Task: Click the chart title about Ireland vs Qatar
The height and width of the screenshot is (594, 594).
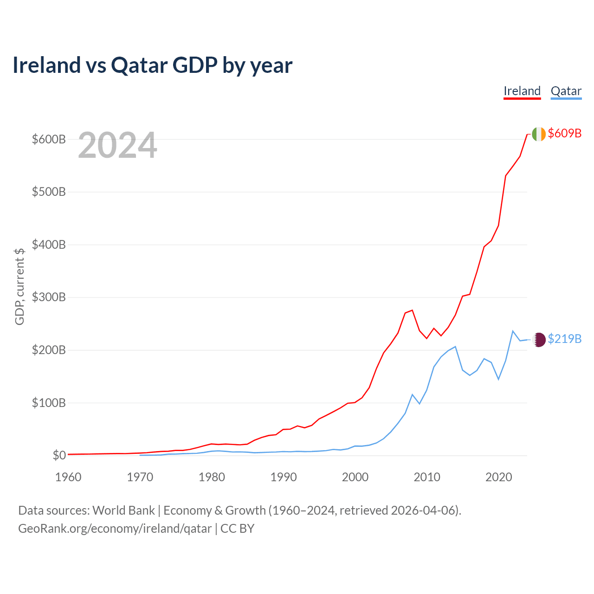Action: click(x=152, y=65)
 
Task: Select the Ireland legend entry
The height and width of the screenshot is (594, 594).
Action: click(x=522, y=91)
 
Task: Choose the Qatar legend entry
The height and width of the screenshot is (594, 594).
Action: click(x=566, y=91)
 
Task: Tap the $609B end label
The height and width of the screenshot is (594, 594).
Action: click(x=564, y=134)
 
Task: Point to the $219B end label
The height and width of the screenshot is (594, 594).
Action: click(x=564, y=339)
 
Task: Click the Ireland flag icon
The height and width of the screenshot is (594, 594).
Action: click(x=539, y=134)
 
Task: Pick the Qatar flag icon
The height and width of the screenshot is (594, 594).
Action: click(x=539, y=340)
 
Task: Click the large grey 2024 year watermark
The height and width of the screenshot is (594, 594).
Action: click(x=117, y=146)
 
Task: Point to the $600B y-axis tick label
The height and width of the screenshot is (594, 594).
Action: click(x=49, y=139)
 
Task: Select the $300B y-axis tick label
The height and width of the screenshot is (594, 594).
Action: click(x=49, y=297)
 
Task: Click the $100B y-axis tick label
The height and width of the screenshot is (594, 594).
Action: click(x=49, y=403)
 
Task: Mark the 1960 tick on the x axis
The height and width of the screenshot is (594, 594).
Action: click(x=68, y=477)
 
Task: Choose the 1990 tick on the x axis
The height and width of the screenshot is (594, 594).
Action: click(x=284, y=477)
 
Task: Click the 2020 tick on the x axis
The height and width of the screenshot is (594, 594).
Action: click(x=498, y=477)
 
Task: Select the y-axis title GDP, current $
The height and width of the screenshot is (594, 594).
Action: click(x=19, y=286)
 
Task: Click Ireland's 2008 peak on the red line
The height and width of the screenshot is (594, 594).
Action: click(x=412, y=310)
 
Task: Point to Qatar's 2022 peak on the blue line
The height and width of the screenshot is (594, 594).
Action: click(x=513, y=331)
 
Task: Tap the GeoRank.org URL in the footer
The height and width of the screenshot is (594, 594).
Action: click(x=115, y=529)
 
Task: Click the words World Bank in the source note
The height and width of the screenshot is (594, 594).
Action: click(x=123, y=510)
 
